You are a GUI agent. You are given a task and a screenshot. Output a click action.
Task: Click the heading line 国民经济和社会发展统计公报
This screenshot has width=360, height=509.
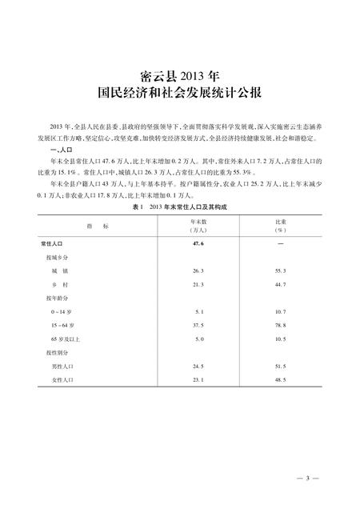[x=179, y=93]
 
